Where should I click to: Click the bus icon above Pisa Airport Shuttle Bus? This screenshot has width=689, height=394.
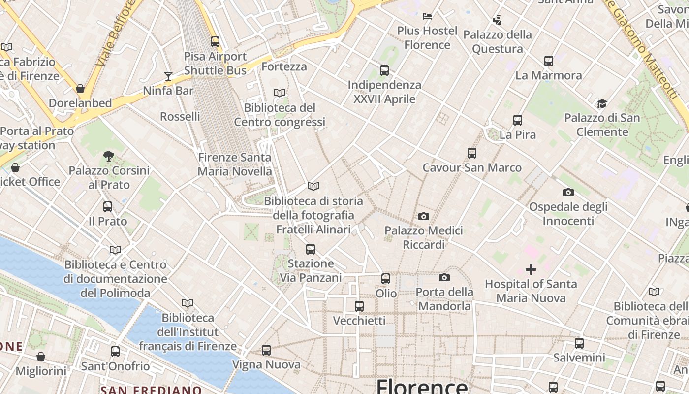pyautogui.click(x=215, y=42)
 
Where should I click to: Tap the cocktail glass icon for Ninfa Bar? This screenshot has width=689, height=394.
pyautogui.click(x=168, y=76)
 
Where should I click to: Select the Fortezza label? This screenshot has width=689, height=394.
pyautogui.click(x=284, y=66)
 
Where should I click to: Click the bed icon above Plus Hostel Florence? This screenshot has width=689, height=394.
pyautogui.click(x=427, y=16)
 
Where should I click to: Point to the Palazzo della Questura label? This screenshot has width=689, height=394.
pyautogui.click(x=498, y=42)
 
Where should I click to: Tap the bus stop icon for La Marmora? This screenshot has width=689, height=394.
pyautogui.click(x=549, y=61)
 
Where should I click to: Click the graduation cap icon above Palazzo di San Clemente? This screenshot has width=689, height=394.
pyautogui.click(x=602, y=103)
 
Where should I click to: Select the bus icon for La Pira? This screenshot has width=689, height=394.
pyautogui.click(x=517, y=120)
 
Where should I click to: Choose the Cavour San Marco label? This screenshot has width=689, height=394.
pyautogui.click(x=472, y=168)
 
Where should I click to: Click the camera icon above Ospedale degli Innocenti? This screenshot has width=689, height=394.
pyautogui.click(x=568, y=192)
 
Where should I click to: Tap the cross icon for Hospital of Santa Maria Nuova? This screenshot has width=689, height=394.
pyautogui.click(x=531, y=269)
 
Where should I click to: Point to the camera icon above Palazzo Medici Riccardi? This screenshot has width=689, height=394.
pyautogui.click(x=423, y=216)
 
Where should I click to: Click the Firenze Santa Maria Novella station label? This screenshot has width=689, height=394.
pyautogui.click(x=235, y=164)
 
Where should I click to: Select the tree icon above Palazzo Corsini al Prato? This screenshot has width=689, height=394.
pyautogui.click(x=109, y=156)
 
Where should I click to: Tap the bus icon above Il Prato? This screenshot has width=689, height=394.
pyautogui.click(x=108, y=207)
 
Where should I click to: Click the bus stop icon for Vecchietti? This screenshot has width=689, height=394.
pyautogui.click(x=359, y=306)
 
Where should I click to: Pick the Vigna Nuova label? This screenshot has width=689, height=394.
pyautogui.click(x=266, y=365)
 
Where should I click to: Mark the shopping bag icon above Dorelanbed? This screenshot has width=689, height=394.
pyautogui.click(x=80, y=89)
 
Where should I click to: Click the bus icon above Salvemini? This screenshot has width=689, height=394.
pyautogui.click(x=579, y=343)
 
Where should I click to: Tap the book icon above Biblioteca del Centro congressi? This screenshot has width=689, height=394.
pyautogui.click(x=280, y=93)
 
